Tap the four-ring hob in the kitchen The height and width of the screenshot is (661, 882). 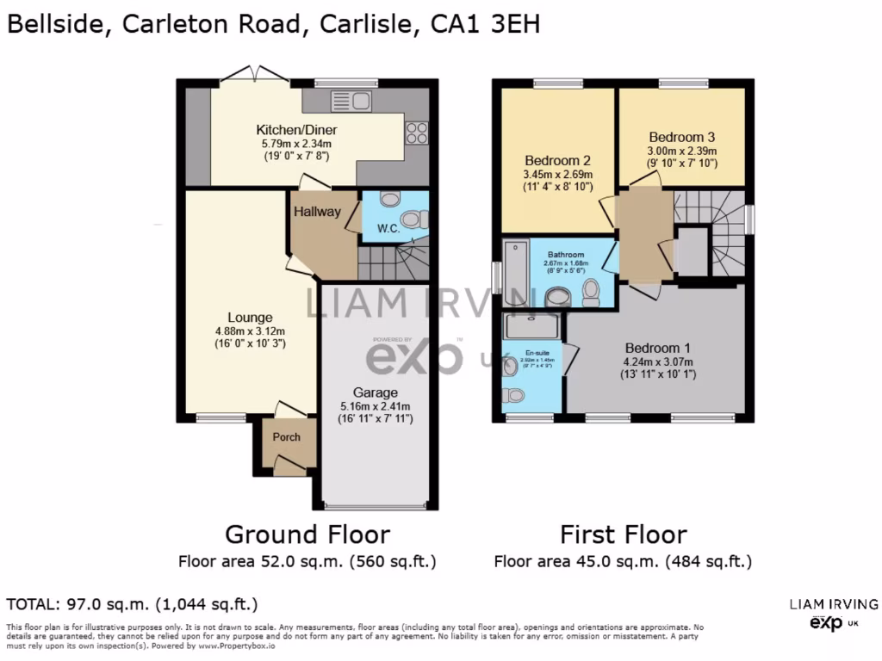[x=417, y=133]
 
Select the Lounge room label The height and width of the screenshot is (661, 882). [x=250, y=318]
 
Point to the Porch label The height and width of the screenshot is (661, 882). [x=287, y=436]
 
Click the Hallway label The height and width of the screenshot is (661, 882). [x=317, y=212]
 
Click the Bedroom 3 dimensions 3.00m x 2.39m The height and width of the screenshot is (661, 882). [x=682, y=151]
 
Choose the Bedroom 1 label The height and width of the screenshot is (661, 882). [x=658, y=348]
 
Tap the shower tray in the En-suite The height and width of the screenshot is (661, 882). [x=532, y=326]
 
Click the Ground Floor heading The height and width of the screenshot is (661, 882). [x=307, y=534]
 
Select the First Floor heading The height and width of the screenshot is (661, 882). [x=624, y=534]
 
